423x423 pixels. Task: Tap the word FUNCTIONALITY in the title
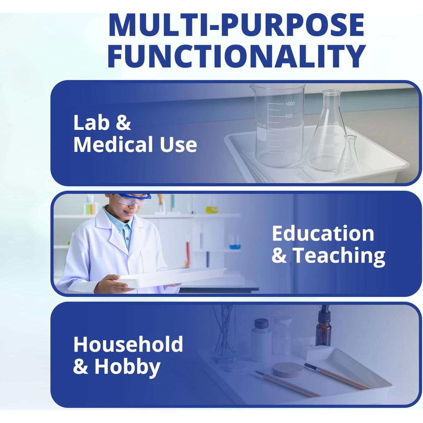[x=236, y=56]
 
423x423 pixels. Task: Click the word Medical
[x=113, y=144]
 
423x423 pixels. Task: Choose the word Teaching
[x=339, y=256]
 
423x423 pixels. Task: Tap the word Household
[x=128, y=344]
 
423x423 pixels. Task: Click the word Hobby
[x=127, y=367]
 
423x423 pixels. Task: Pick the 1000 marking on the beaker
[x=290, y=104]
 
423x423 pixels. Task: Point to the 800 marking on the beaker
[x=289, y=116]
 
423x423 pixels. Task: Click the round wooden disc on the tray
[x=288, y=369]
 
